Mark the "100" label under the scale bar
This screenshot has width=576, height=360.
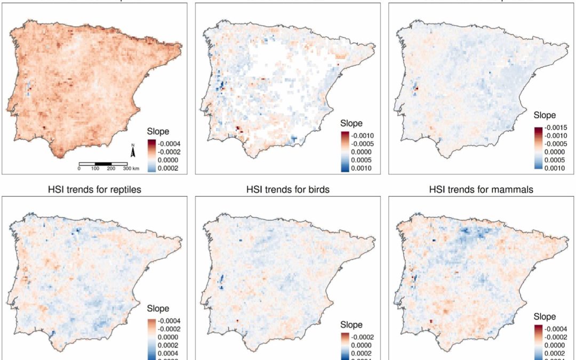[x=95, y=169]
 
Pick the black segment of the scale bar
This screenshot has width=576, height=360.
[x=103, y=163]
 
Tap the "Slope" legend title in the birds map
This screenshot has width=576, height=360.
[x=352, y=325]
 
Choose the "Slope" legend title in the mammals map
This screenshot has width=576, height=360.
[x=544, y=316]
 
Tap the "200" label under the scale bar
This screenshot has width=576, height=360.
[x=110, y=169]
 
